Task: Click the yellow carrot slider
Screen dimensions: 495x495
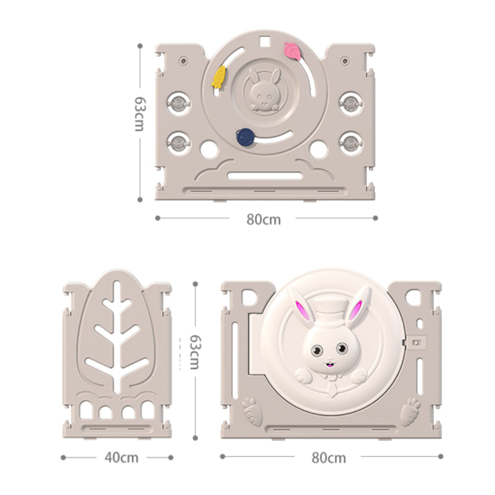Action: (219, 77)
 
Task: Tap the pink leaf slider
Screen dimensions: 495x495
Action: (293, 51)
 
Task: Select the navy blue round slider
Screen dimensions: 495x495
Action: (246, 137)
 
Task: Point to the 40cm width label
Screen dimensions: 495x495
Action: (122, 457)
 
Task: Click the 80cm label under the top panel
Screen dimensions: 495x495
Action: (264, 219)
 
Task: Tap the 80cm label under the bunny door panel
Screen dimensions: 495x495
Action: (329, 458)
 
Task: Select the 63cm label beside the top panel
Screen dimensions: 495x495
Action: (140, 114)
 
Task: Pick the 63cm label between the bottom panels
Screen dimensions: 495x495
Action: (195, 352)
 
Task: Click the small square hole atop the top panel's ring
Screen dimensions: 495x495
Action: (264, 42)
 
